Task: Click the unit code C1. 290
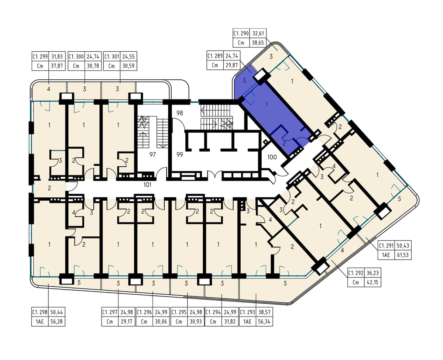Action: point(241,34)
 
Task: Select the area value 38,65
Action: point(258,43)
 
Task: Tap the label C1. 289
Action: point(215,56)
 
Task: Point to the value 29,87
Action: point(232,65)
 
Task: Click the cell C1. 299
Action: point(40,56)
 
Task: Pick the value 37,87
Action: point(57,66)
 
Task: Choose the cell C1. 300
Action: point(76,56)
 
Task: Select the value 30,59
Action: point(128,66)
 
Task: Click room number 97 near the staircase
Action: point(152,155)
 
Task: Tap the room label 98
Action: point(180,113)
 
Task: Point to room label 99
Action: point(180,155)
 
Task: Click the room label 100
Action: point(272,157)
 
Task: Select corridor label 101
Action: point(147,185)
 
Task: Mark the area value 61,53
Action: point(403,255)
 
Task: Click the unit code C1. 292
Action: point(356,273)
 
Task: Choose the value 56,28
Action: point(56,322)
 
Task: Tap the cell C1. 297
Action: point(110,312)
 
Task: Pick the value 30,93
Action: point(196,322)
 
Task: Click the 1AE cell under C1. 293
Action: point(247,322)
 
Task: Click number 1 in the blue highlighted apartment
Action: point(267,104)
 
